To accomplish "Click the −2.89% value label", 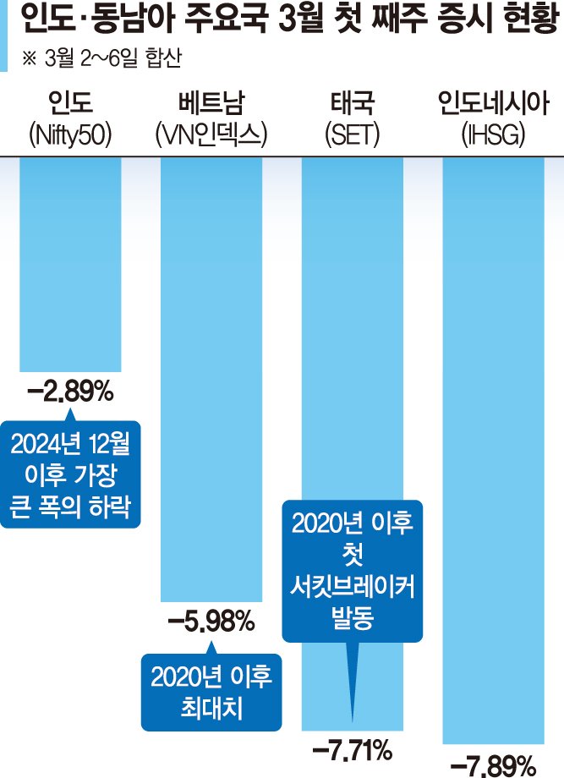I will [70, 393].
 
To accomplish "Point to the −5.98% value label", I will [211, 624].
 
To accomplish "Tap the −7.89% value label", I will [493, 766].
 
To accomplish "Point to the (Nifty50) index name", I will [70, 134].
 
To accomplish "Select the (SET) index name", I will [352, 134].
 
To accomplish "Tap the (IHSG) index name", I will [493, 134].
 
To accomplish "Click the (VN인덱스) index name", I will [211, 134].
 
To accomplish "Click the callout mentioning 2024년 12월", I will [70, 474].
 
